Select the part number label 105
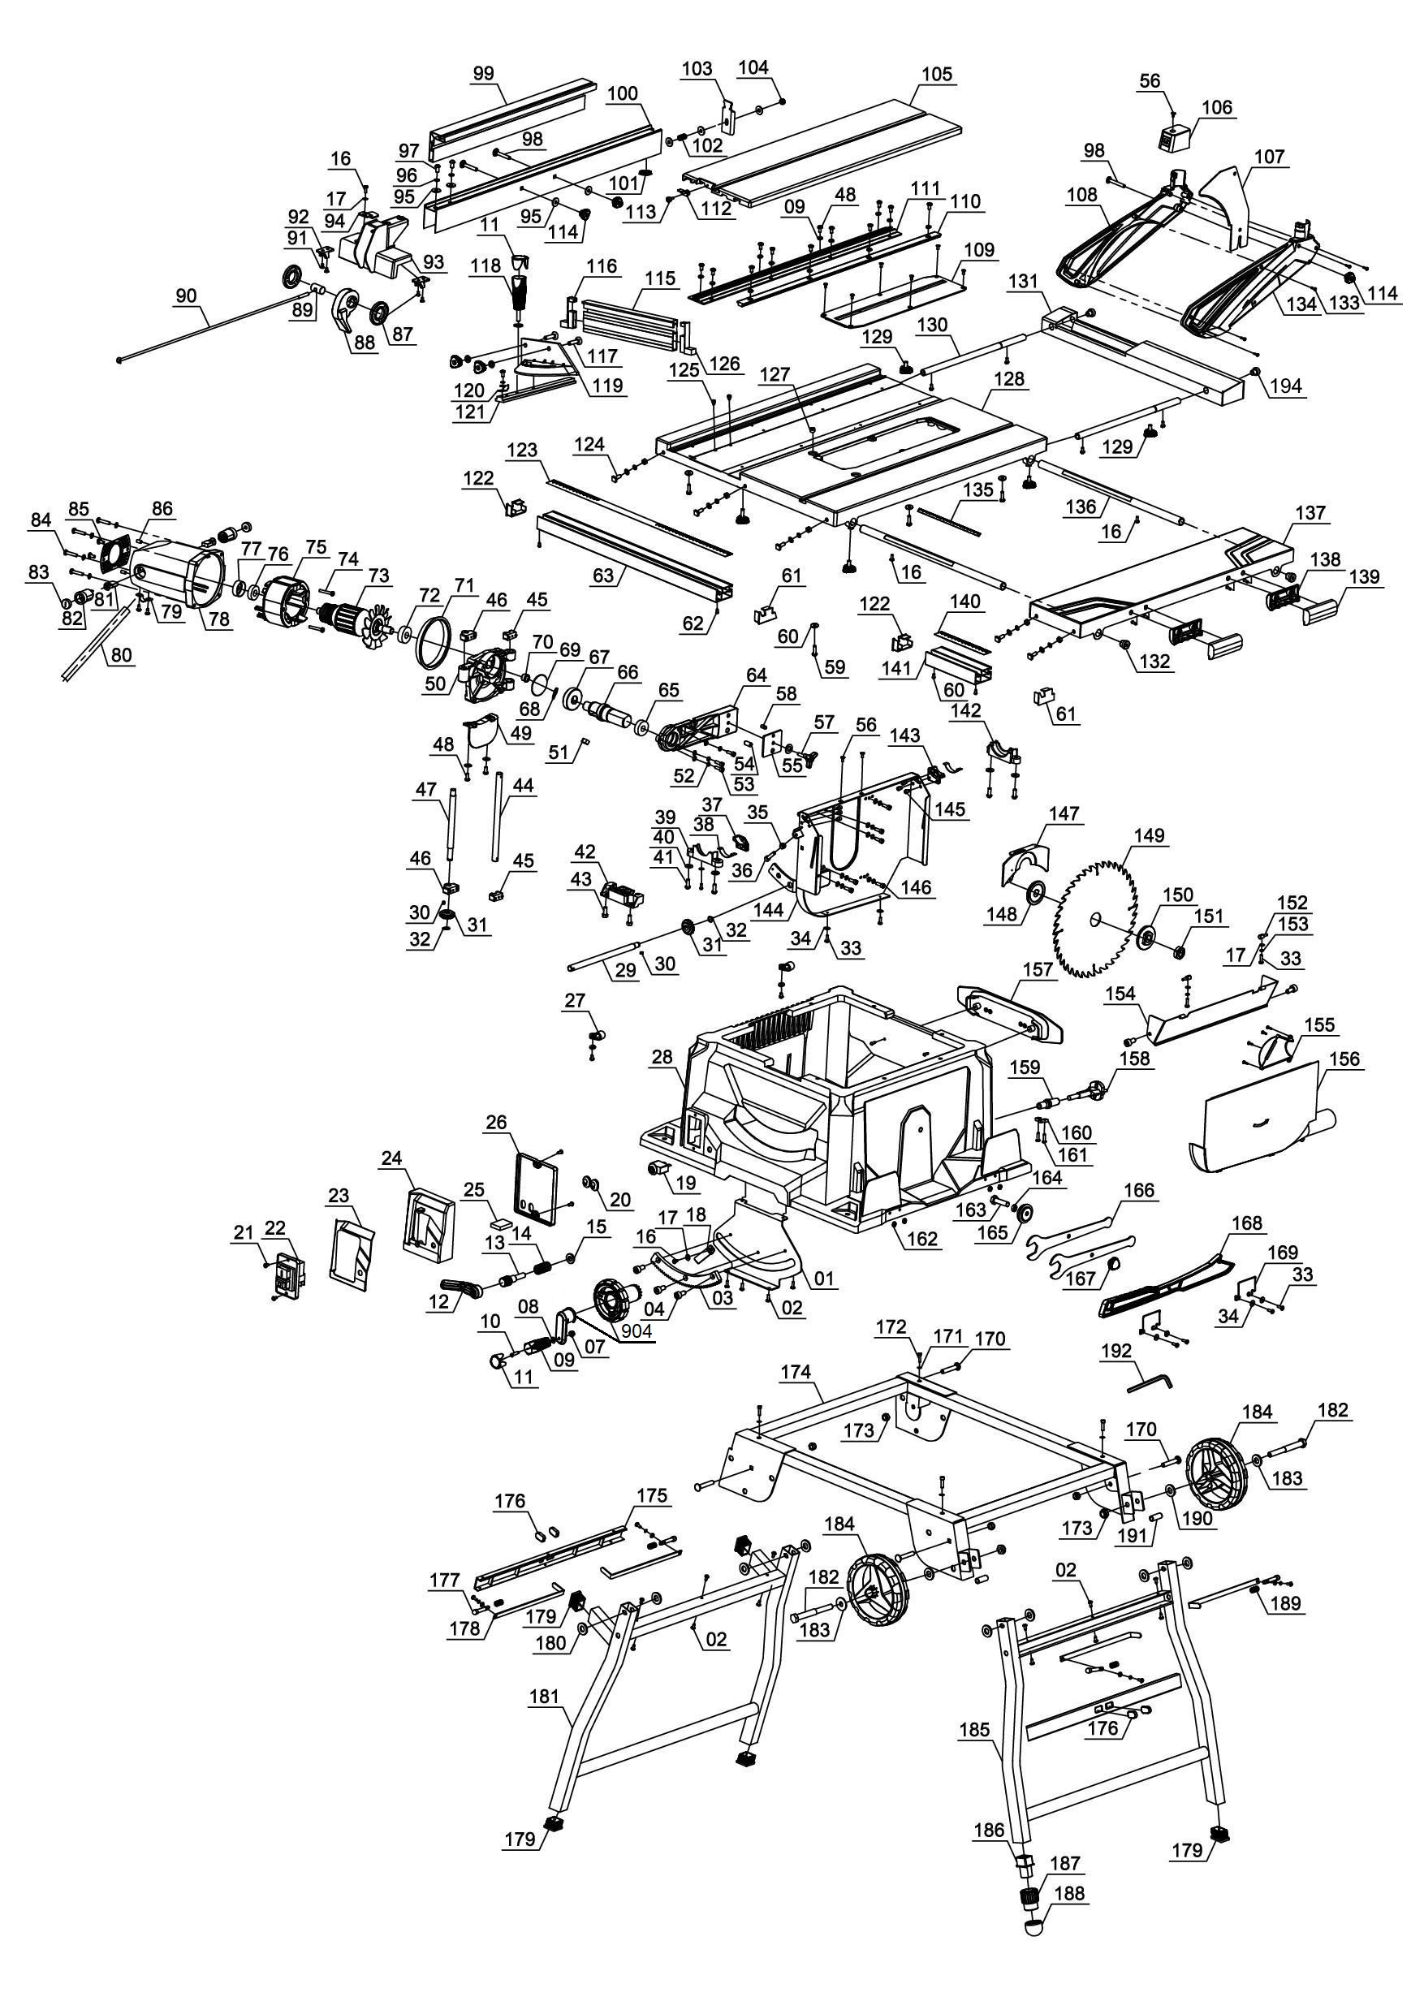pos(937,74)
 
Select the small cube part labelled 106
pos(1174,137)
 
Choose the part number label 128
pos(1010,379)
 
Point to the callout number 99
pos(483,74)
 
